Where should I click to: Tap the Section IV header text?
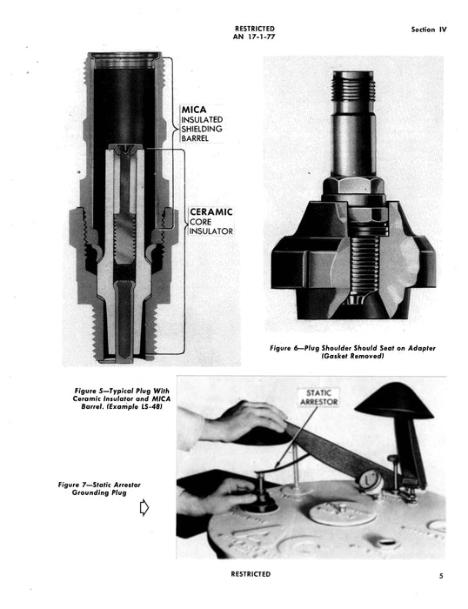click(428, 30)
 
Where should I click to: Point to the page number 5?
click(440, 575)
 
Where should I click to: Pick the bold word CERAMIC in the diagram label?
click(211, 211)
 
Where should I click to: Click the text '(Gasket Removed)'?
click(352, 357)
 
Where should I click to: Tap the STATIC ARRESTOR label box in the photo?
click(320, 397)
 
